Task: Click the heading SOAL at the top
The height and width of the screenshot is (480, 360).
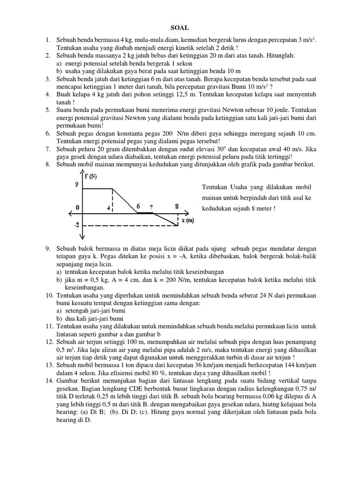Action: coord(180,28)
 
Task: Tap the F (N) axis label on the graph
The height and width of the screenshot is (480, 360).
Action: coord(91,176)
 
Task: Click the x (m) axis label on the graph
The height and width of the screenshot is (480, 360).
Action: coord(187,220)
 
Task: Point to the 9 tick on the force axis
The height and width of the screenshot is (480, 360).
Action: coord(76,185)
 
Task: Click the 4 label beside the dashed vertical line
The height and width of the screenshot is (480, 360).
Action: coord(108,208)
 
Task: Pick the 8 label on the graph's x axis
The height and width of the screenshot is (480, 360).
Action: coord(176,206)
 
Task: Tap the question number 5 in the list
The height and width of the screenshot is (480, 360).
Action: coord(48,110)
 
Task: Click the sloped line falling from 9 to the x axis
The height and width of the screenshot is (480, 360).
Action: coord(125,201)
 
